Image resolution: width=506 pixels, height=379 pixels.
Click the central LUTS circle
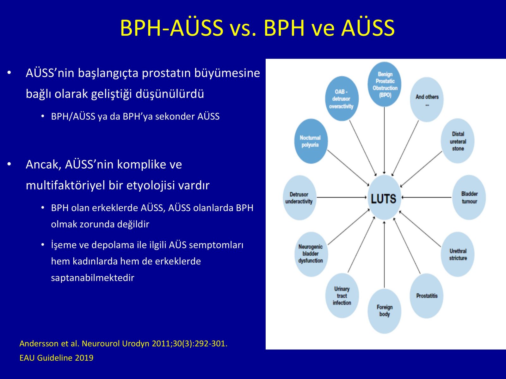point(384,197)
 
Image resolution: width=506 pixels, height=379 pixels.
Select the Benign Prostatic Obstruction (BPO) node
point(384,84)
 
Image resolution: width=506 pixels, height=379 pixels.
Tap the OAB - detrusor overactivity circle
point(342,99)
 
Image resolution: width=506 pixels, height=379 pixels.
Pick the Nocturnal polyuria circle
point(311,141)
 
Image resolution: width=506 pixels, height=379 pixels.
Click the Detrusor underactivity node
point(299,198)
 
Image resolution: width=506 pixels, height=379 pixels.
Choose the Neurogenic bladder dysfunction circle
point(311,254)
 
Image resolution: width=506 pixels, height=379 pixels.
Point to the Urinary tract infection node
point(342,296)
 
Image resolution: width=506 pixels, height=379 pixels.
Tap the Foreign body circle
point(384,311)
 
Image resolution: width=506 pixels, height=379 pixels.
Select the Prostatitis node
point(427,296)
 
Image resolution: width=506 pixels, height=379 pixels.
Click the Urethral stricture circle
point(458,254)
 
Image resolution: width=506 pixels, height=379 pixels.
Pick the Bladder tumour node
point(469,197)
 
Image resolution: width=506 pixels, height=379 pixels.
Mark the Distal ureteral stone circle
point(458,141)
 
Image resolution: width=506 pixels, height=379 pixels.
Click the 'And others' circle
point(427,99)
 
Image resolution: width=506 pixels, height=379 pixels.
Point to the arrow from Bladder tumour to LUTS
point(427,197)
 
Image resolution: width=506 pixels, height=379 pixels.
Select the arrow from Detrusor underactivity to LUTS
point(342,197)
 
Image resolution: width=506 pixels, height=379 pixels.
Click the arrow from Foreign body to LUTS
point(384,255)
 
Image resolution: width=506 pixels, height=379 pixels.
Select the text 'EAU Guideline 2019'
point(57,358)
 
